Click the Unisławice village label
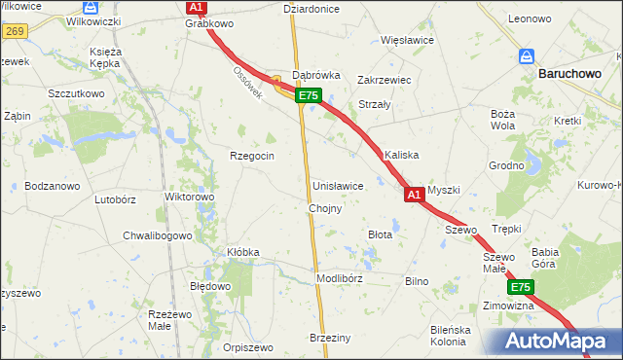338,185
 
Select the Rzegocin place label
251,156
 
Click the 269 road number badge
13,31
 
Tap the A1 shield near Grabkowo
196,7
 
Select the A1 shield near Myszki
413,196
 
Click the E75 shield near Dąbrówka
308,95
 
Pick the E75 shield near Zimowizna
520,287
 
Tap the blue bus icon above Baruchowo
527,56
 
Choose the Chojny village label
324,209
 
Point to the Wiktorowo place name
190,197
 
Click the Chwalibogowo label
158,235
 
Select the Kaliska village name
401,155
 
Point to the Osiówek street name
247,89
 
